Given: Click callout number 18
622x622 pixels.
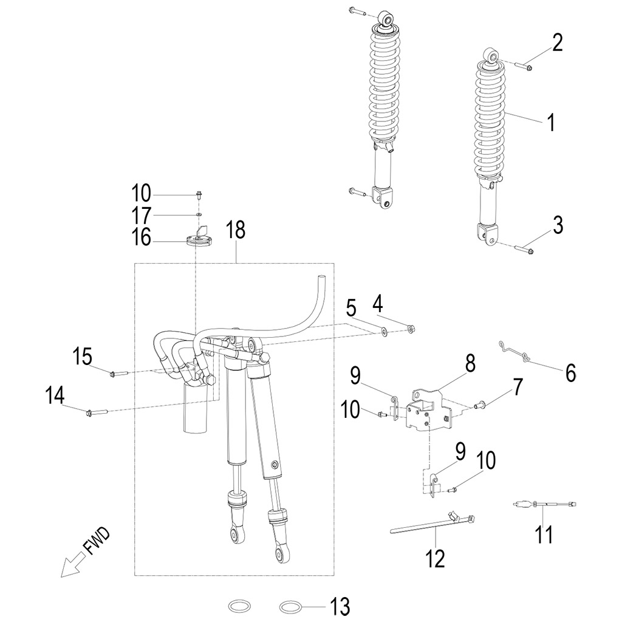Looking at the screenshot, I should pos(236,231).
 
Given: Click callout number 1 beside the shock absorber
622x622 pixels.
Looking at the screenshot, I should pos(550,123).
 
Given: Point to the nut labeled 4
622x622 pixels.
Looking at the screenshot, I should pos(411,329).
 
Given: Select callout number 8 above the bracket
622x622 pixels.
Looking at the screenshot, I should pos(470,364).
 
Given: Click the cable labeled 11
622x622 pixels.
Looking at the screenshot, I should pos(545,504).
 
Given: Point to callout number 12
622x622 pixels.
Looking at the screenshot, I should pos(436,556).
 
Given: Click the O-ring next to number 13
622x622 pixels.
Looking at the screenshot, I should pos(290,606).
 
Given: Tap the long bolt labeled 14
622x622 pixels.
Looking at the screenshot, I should pos(98,412).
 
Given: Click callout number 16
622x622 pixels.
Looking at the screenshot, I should pos(142,237).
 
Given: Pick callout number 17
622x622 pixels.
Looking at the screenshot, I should pos(142,216).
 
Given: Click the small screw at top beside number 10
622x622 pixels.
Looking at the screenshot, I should pos(199,195).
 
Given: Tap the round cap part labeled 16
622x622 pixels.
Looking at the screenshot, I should pos(199,240).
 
